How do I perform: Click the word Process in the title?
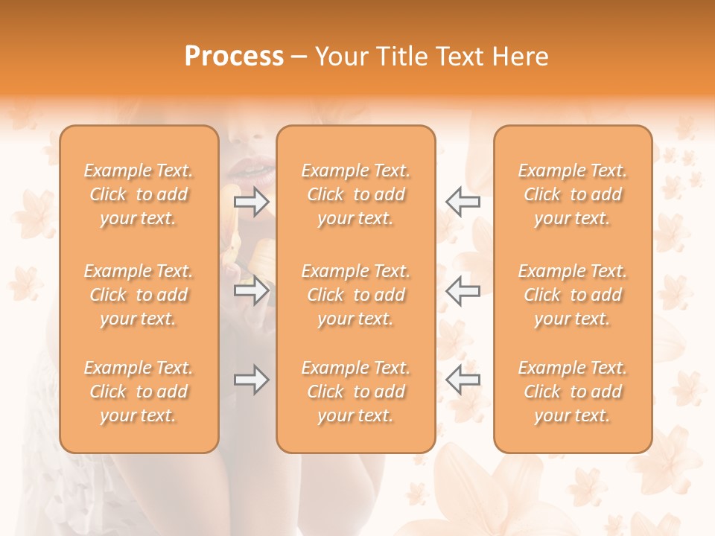(x=234, y=57)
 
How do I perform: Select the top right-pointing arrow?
(x=252, y=201)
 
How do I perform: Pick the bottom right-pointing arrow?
(x=252, y=380)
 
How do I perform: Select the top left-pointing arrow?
(x=463, y=201)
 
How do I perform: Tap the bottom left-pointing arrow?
(x=463, y=380)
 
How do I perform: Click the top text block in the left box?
(x=139, y=194)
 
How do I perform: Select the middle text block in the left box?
(x=139, y=295)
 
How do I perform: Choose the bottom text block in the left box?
(x=139, y=392)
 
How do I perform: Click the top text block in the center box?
(x=355, y=194)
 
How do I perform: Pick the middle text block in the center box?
(x=355, y=295)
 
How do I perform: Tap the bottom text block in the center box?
(x=355, y=392)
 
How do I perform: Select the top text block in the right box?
(x=573, y=194)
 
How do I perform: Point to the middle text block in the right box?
(x=573, y=295)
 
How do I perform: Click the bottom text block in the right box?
(x=573, y=392)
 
